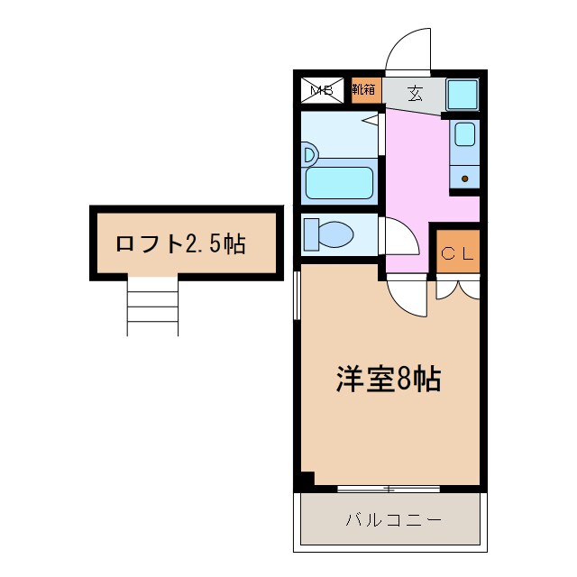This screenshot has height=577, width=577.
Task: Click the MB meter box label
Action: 322,90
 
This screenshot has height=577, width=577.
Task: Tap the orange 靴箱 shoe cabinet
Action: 365,90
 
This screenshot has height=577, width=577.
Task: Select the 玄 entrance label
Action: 415,91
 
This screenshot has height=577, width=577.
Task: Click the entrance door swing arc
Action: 410,50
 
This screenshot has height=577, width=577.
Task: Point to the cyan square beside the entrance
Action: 463,93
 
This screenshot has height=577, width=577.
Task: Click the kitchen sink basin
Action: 464,134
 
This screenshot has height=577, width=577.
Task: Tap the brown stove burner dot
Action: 464,179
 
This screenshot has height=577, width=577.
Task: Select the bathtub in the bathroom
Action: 340,182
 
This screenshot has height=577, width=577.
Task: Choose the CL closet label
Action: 456,253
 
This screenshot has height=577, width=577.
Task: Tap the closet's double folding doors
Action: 457,288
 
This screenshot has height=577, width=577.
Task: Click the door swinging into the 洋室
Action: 408,297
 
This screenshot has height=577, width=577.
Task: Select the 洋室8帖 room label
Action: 388,380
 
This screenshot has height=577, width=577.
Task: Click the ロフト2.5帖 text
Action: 180,243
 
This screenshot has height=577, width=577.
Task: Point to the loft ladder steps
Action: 152,307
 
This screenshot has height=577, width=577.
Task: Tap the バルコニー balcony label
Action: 393,520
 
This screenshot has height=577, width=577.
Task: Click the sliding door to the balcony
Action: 389,489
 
